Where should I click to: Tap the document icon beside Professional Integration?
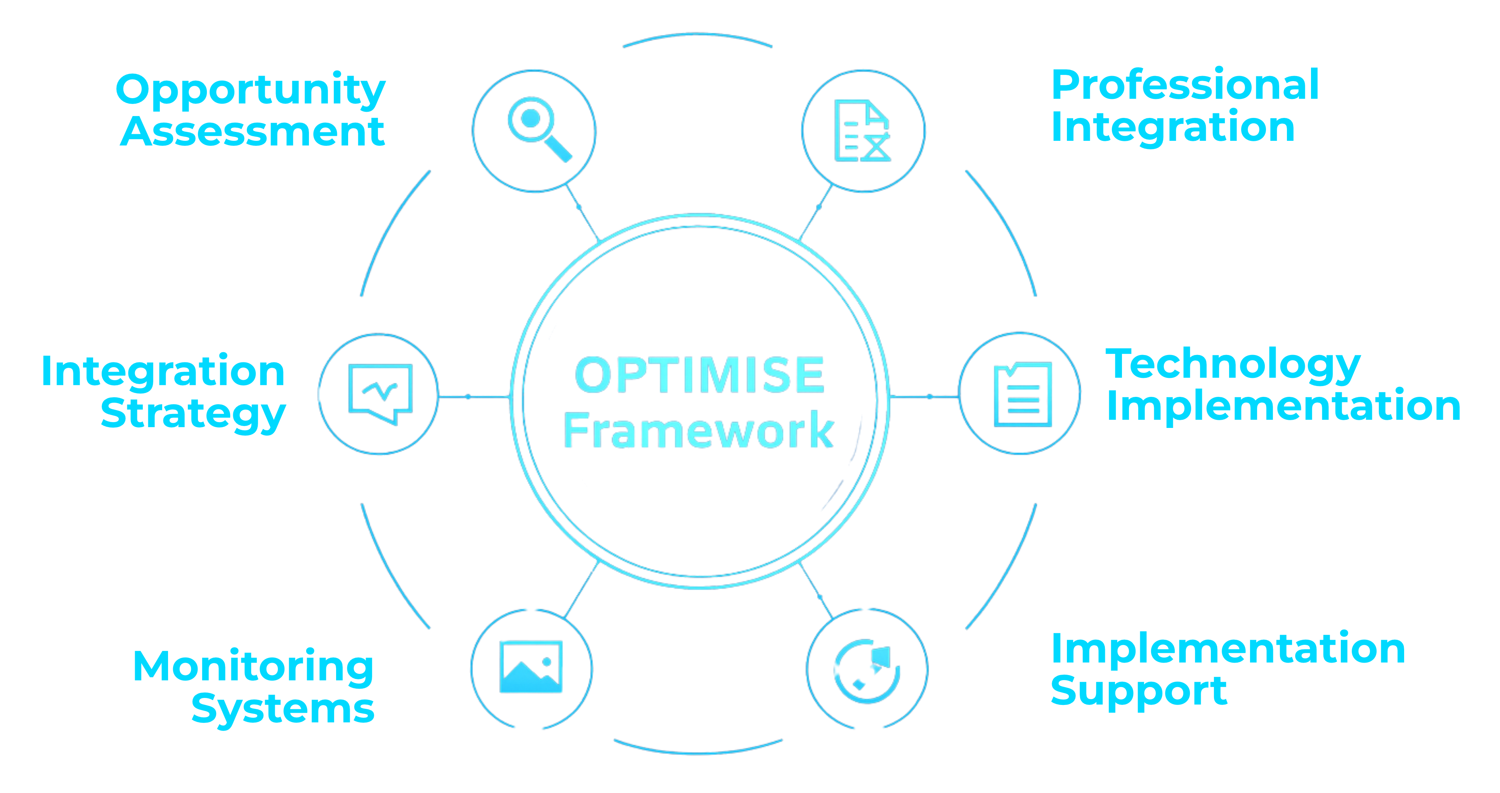862,131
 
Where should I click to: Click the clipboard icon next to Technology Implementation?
1023,394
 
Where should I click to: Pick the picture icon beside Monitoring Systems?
531,667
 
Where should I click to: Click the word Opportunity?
250,90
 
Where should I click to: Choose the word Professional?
1185,86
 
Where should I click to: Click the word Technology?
1233,365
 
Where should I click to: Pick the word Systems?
283,709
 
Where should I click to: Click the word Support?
1138,691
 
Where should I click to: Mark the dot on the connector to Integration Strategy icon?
468,397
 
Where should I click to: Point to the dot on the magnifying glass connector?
578,207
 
